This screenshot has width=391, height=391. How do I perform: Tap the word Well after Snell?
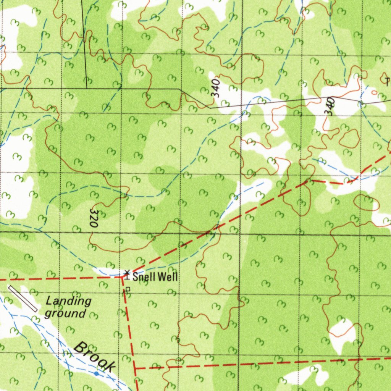tap(168, 277)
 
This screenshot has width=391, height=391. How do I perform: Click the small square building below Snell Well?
tap(128, 289)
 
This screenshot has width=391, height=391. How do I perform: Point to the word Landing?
tap(68, 301)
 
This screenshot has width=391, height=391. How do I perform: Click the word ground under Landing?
tap(65, 313)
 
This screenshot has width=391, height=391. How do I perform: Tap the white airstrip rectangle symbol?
tap(23, 298)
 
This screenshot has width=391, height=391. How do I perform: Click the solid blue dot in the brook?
tap(96, 373)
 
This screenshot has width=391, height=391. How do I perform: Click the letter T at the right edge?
tap(388, 81)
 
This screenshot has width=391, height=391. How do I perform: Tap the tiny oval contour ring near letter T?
tap(374, 92)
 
